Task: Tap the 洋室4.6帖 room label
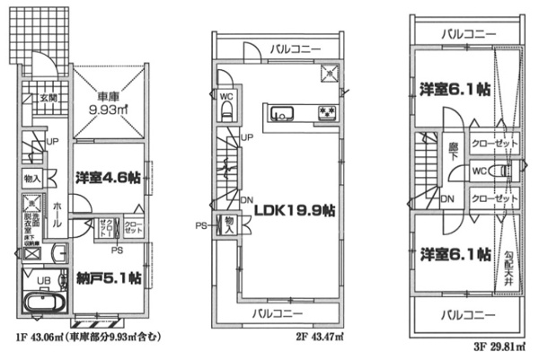[x=100, y=178]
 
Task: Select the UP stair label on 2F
[x=246, y=137]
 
